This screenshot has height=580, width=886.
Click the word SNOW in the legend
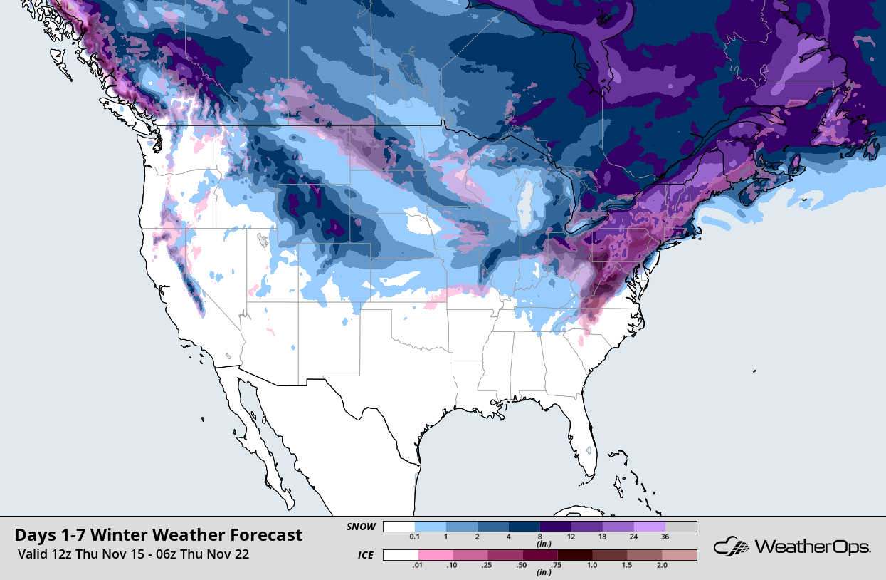pyautogui.click(x=360, y=527)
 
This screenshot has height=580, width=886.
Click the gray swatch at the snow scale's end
pyautogui.click(x=680, y=527)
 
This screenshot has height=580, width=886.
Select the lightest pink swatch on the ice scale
pyautogui.click(x=436, y=554)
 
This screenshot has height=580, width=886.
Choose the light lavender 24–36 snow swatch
pyautogui.click(x=649, y=527)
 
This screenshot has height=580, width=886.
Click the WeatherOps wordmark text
pyautogui.click(x=812, y=547)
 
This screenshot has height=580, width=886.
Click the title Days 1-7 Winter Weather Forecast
pyautogui.click(x=158, y=534)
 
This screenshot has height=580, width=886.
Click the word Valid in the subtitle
pyautogui.click(x=34, y=554)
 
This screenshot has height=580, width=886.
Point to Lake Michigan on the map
pyautogui.click(x=525, y=210)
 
